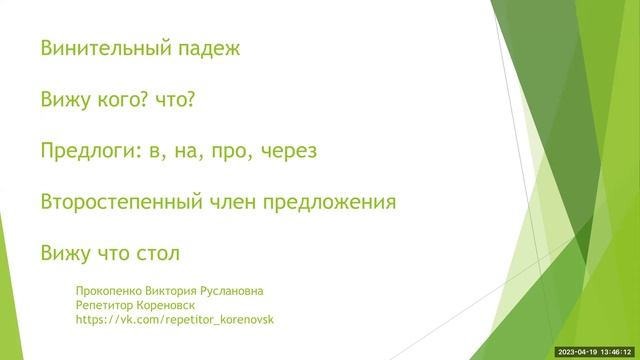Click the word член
click(232, 202)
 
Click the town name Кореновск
click(168, 305)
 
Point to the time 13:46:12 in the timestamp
click(618, 352)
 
